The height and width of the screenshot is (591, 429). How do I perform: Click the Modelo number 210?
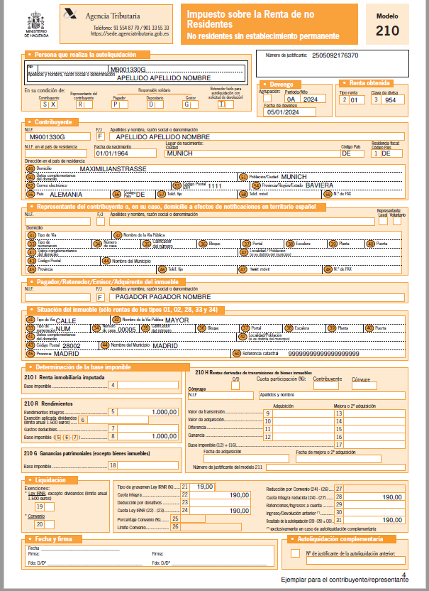387,30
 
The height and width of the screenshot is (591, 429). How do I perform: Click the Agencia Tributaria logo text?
112,15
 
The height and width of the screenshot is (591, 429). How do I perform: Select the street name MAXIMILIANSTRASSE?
113,168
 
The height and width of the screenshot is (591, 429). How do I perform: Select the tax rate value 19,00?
205,487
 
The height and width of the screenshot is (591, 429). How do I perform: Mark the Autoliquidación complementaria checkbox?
295,553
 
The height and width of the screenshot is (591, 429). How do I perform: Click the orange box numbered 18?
113,465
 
